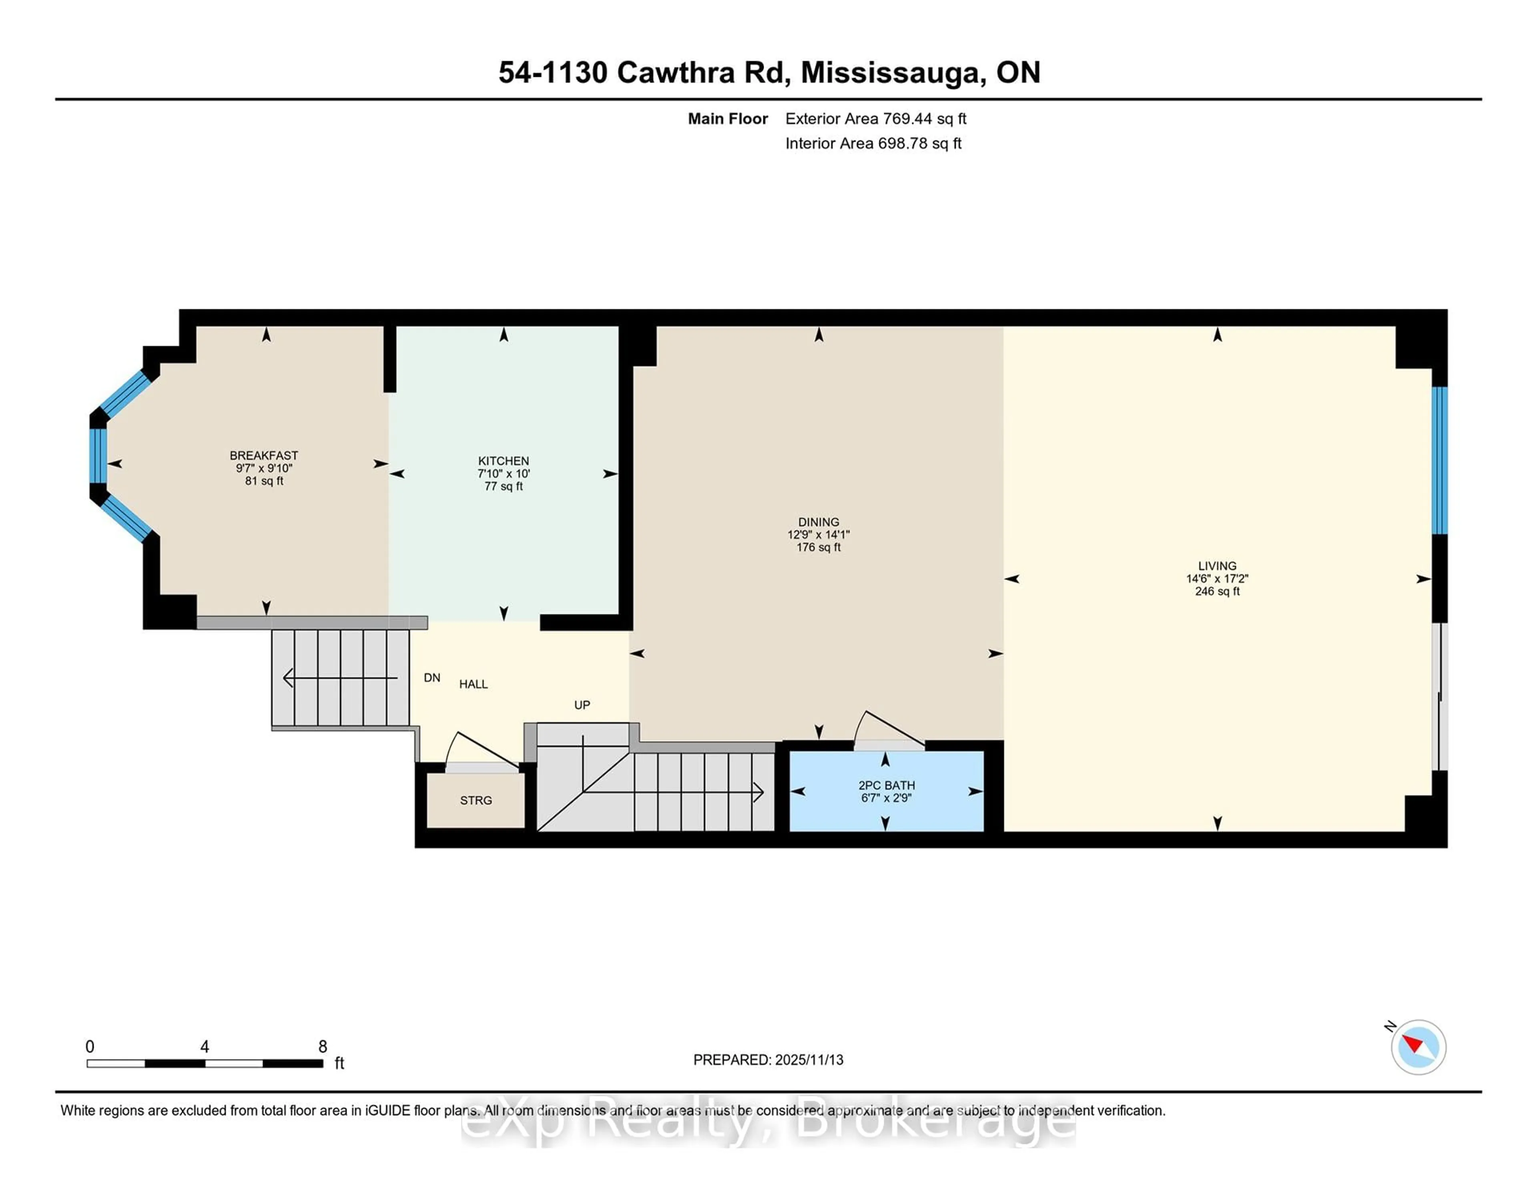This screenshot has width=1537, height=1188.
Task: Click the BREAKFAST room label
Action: point(263,456)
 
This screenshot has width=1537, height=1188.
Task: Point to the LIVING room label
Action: point(1217,566)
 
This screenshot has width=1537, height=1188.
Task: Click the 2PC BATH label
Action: point(886,785)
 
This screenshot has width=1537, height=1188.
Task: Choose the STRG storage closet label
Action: point(476,800)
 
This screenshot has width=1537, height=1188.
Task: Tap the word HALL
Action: point(473,684)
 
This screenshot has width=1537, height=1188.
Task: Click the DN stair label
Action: point(431,678)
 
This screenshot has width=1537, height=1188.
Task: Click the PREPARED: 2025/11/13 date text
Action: point(768,1060)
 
